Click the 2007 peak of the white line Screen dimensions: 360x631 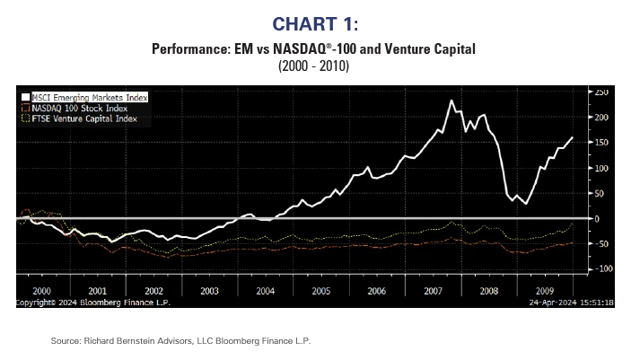(451, 101)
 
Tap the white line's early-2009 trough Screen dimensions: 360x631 (526, 204)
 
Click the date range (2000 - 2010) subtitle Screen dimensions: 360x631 (315, 67)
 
